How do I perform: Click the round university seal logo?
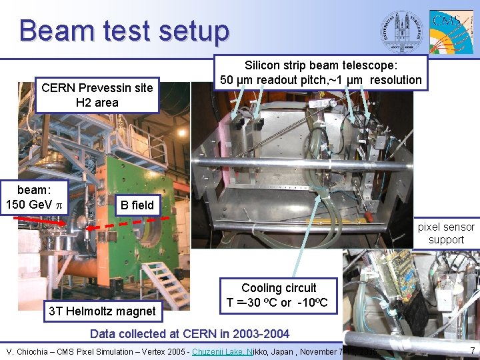click(x=401, y=29)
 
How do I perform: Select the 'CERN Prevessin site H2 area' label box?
click(x=97, y=95)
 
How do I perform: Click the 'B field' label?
click(x=135, y=205)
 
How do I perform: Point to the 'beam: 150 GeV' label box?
click(x=34, y=195)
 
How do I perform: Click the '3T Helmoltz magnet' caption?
click(x=102, y=311)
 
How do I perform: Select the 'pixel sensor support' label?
click(x=446, y=233)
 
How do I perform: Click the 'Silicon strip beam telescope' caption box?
click(x=321, y=73)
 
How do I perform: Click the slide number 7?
click(x=471, y=350)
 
